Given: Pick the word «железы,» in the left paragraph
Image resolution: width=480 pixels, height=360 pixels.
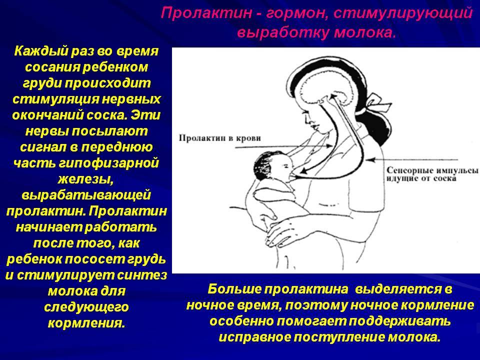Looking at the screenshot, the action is pos(85,179).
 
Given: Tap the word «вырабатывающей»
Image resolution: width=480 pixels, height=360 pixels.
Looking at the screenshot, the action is pos(86,195).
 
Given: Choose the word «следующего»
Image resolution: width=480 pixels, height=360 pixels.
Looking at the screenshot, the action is pos(86,306).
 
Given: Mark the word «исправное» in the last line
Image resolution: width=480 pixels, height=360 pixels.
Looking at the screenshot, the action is pos(254,337).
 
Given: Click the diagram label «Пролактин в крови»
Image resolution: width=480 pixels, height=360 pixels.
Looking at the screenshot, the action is pos(220,138).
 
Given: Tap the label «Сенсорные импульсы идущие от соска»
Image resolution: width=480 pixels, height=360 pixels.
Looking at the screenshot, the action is pos(432,174).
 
